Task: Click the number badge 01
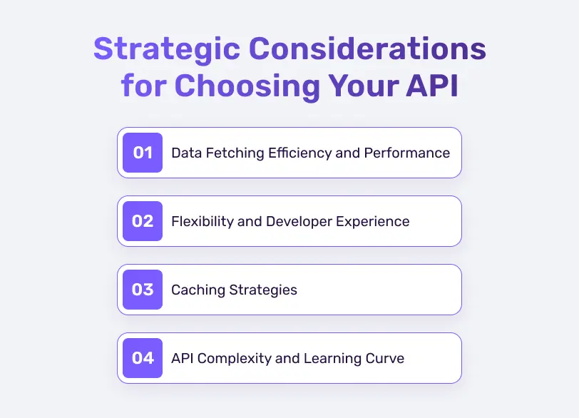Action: (143, 153)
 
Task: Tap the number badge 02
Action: (143, 221)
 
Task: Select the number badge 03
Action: (143, 290)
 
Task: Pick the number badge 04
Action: (143, 358)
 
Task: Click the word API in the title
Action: (429, 86)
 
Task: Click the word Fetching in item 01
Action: (230, 153)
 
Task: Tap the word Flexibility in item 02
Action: (202, 221)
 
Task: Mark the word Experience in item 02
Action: (374, 221)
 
